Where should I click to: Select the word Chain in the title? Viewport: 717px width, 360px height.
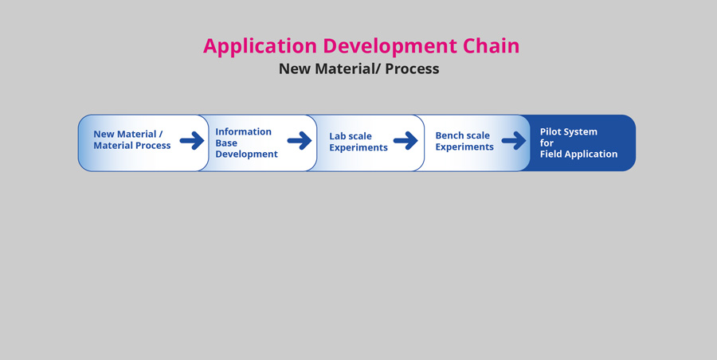(491, 45)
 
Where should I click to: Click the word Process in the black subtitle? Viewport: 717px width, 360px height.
(412, 68)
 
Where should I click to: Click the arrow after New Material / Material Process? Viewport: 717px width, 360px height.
(192, 140)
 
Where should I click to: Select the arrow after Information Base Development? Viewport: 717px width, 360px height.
(300, 140)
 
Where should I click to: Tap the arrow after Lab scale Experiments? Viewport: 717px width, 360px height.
(406, 140)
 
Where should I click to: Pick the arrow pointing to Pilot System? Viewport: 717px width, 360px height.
(514, 140)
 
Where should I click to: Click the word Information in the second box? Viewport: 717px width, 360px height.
(243, 131)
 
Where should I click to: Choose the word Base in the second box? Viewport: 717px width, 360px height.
(226, 143)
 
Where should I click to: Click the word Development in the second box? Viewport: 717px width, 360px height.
(246, 155)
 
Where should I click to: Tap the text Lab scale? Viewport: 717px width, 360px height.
(351, 136)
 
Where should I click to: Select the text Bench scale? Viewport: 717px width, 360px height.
(462, 135)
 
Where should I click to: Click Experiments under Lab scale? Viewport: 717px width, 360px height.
(358, 148)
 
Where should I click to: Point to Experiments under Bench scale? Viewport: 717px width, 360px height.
(464, 147)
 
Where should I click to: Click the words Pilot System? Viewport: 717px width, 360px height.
(568, 131)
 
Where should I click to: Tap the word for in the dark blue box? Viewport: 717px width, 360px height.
(547, 143)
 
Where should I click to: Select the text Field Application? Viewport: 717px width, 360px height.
(578, 155)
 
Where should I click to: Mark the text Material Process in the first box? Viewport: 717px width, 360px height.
(132, 146)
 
